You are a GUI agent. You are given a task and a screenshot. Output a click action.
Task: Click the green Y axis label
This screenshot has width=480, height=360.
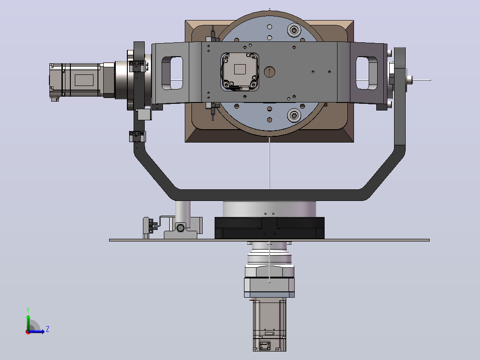click(28, 310)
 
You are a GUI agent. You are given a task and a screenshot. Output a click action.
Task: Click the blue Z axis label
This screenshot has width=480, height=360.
click(48, 329)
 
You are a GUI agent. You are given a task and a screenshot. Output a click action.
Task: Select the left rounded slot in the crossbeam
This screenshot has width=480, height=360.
click(172, 73)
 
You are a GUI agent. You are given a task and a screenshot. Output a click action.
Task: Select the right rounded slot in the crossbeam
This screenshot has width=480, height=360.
click(366, 73)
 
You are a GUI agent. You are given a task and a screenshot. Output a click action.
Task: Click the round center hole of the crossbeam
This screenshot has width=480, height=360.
click(269, 72)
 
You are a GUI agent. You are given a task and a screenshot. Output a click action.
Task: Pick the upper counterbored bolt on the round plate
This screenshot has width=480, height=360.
click(294, 30)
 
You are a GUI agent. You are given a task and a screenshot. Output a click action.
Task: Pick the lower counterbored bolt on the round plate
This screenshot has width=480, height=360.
click(294, 115)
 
